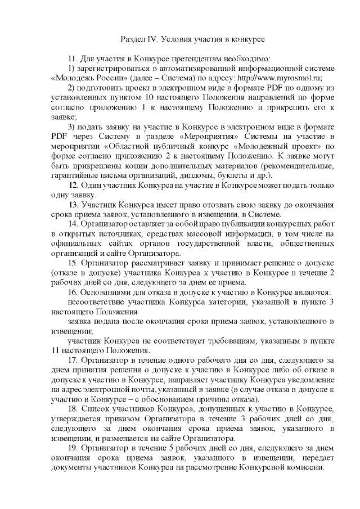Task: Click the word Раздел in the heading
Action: point(133,40)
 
